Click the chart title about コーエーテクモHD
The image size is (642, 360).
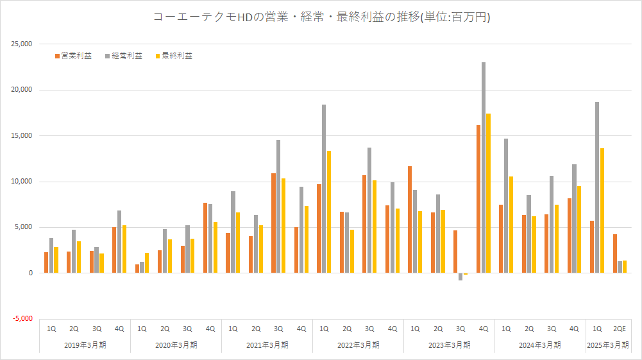(321, 17)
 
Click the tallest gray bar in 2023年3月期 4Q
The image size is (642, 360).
(484, 167)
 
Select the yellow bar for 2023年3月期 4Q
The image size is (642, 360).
(489, 193)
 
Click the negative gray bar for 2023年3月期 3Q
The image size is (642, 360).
(460, 277)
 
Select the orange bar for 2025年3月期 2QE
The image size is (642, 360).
(614, 253)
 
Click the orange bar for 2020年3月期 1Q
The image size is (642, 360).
(137, 269)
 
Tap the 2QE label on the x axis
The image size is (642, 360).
(620, 328)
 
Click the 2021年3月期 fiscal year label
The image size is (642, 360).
(267, 345)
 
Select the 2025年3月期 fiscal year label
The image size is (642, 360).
(607, 345)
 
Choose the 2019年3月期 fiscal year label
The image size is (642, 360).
(85, 345)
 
